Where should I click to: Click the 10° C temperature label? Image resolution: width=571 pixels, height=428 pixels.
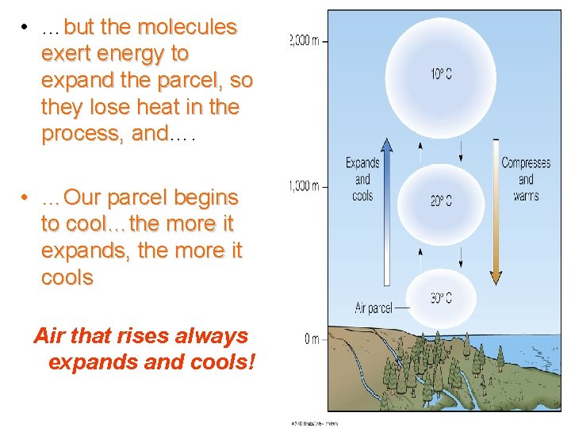442,75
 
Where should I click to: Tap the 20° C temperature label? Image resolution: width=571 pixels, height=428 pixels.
442,201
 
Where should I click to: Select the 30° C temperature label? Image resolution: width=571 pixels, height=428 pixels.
442,298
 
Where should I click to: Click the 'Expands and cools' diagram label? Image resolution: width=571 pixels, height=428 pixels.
362,179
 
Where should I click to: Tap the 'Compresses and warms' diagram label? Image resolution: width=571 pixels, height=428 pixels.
526,179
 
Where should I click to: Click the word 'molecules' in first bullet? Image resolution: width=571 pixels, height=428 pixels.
188,27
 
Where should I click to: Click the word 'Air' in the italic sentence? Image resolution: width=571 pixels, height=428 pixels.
49,336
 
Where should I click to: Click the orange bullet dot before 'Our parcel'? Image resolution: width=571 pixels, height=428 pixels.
26,197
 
